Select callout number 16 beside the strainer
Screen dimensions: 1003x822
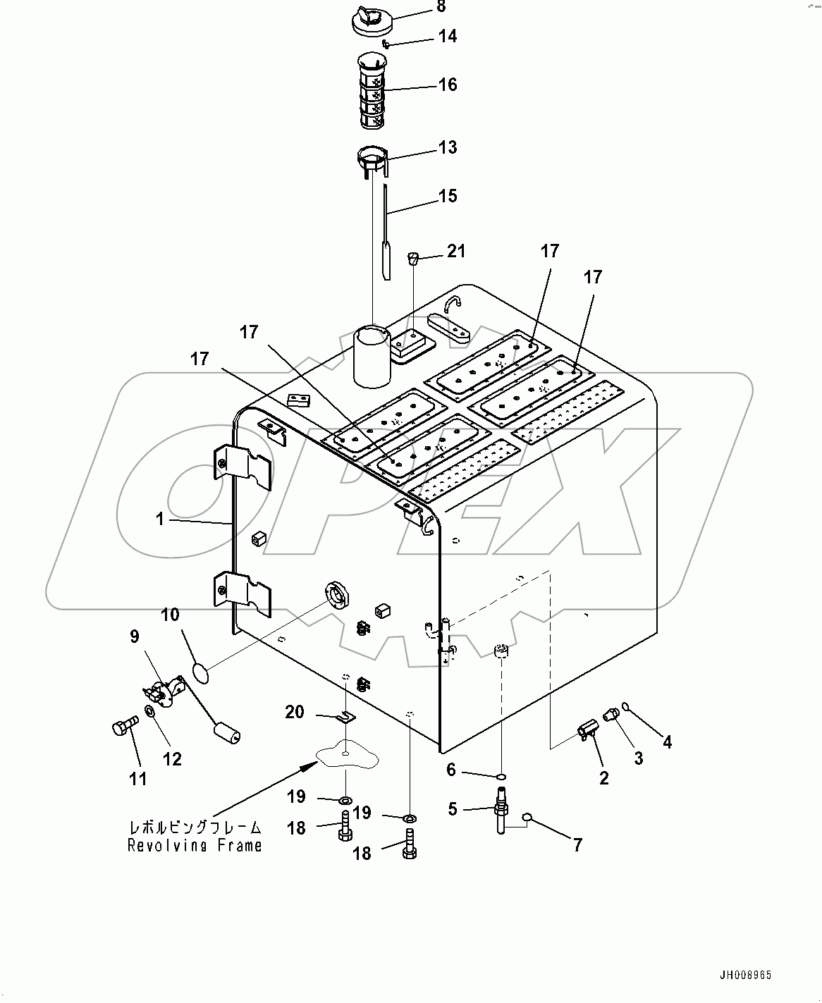click(448, 85)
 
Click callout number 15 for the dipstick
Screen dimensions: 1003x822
click(448, 196)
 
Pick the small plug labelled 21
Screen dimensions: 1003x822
click(415, 257)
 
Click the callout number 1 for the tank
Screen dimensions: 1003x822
click(160, 519)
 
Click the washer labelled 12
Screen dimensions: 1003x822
click(151, 711)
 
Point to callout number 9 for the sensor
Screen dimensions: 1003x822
click(134, 636)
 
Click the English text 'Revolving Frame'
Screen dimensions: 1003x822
click(195, 845)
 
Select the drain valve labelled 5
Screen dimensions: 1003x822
click(503, 818)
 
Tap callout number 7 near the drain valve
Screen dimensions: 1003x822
click(577, 844)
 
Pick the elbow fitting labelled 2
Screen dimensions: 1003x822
click(587, 731)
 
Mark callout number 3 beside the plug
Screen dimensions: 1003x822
click(638, 758)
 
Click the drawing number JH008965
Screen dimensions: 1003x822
click(745, 976)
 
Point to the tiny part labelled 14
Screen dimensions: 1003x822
click(386, 44)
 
